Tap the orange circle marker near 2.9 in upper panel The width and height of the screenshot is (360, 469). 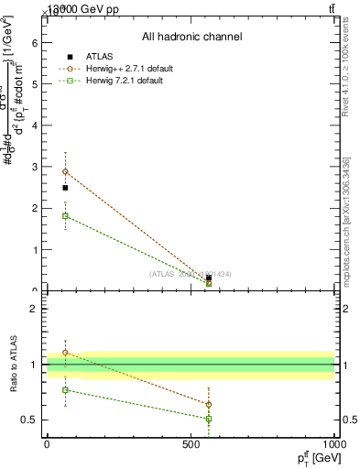65,171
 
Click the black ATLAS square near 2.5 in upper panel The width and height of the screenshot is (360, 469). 65,188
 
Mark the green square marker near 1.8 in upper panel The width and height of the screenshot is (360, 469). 65,216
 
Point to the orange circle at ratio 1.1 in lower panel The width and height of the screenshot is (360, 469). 65,353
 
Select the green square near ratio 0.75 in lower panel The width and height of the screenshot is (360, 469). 65,390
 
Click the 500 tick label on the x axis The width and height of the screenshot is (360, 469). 191,444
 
